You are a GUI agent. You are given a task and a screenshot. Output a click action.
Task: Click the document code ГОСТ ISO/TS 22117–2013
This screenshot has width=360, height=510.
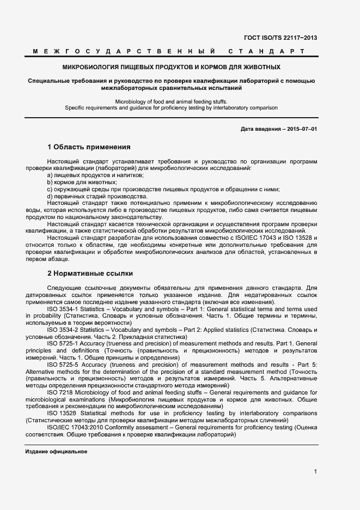coord(281,38)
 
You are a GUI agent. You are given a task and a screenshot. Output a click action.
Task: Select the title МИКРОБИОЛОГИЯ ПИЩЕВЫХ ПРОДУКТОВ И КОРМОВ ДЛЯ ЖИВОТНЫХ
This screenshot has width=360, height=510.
coord(172,68)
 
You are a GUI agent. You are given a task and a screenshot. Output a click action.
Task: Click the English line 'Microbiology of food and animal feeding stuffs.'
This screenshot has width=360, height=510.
coord(172,101)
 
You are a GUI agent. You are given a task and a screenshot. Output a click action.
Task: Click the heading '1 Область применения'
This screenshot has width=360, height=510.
coord(89,147)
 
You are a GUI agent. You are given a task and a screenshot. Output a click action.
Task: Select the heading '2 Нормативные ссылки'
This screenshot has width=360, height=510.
coord(90,273)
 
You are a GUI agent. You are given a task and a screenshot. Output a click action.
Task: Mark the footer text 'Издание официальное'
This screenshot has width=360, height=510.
coord(56,452)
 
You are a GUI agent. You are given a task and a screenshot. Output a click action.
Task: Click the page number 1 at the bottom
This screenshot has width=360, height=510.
coord(315,472)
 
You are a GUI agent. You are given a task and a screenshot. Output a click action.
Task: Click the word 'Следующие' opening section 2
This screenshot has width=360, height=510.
coord(64,287)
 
